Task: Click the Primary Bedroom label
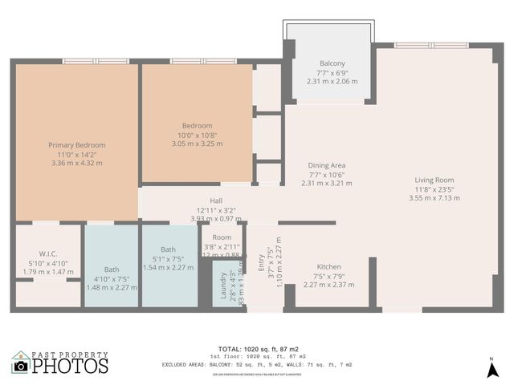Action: (76, 145)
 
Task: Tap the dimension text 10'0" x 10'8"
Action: (197, 135)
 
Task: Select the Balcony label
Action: (332, 63)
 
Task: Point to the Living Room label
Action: (434, 180)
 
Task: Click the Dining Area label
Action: (327, 165)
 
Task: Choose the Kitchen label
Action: (328, 266)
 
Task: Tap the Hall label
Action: (216, 201)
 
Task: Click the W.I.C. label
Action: (48, 253)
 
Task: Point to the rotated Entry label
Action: (260, 262)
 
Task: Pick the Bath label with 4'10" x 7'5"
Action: (112, 269)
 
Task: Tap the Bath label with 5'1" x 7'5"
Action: (168, 249)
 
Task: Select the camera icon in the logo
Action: (21, 366)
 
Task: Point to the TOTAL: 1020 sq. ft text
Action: (259, 350)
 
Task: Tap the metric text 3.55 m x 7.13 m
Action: (434, 197)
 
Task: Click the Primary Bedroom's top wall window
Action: (86, 61)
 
